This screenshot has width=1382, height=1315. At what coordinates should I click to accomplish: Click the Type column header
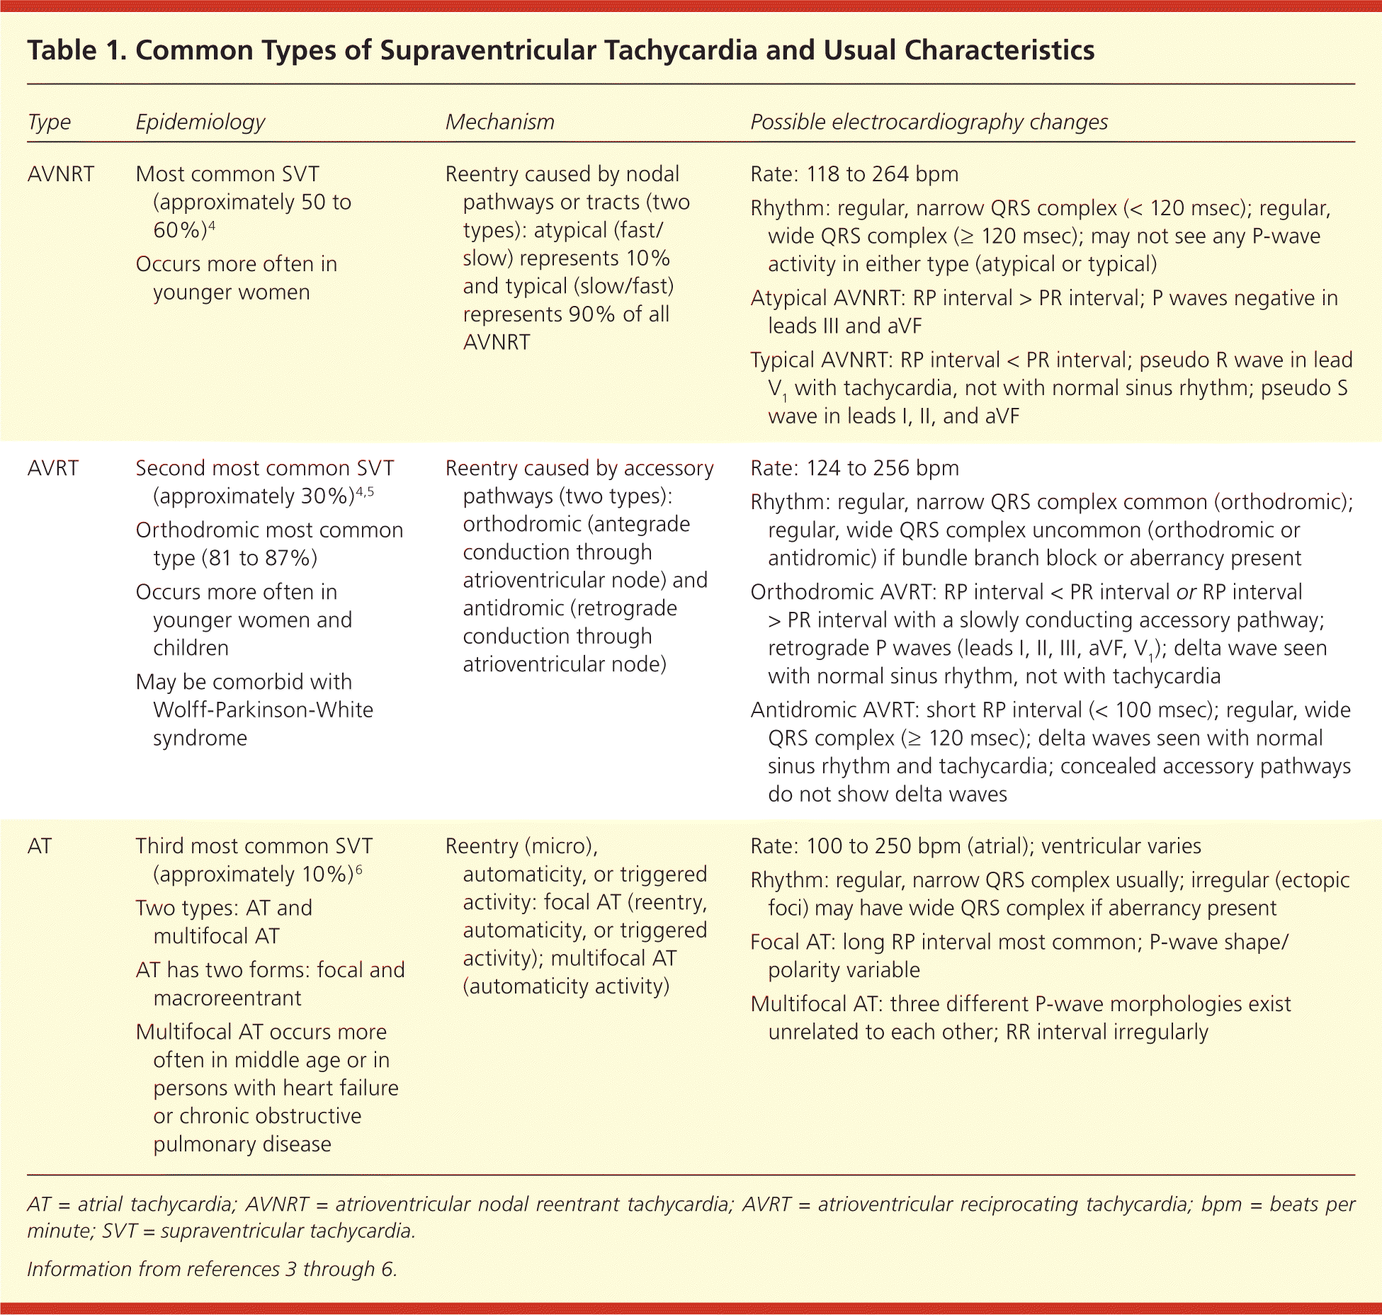point(49,123)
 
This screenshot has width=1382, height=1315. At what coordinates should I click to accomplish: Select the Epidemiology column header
point(200,123)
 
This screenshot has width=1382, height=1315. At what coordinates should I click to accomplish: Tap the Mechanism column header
point(499,123)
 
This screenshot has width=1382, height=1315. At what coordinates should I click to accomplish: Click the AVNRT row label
point(60,174)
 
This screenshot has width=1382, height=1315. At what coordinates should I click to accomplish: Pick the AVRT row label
point(53,468)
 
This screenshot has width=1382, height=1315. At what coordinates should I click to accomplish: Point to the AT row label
point(40,846)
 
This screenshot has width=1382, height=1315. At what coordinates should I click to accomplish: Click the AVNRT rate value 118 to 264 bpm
point(882,174)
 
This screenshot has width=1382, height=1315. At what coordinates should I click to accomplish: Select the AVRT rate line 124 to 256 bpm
point(883,468)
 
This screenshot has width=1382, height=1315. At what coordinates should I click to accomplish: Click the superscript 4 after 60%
point(212,225)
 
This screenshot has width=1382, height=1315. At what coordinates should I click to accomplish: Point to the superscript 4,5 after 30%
point(364,491)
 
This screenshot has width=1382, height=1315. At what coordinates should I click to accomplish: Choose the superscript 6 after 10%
point(358,869)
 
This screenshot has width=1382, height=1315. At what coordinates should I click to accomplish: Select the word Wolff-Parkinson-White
point(263,710)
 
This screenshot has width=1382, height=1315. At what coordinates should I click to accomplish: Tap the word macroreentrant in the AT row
point(227,998)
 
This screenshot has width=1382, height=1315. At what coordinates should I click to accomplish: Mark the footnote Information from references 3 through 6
point(212,1268)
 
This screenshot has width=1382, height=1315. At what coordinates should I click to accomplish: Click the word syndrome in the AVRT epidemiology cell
point(200,738)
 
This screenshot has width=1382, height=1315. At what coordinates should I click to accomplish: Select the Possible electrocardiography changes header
point(929,123)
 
